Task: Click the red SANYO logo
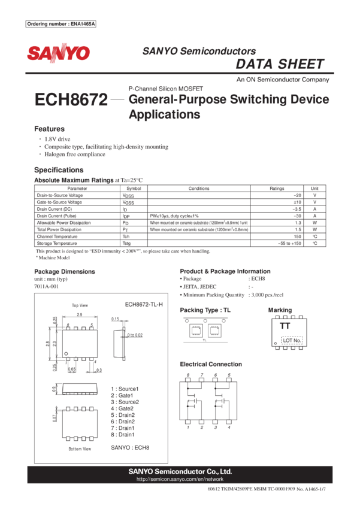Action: (x=58, y=53)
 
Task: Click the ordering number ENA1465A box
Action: (x=61, y=24)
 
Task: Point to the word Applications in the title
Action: (x=164, y=114)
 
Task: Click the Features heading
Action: (x=49, y=129)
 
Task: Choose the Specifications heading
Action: (x=59, y=169)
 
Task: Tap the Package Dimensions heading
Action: (x=64, y=272)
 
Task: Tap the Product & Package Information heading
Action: (x=225, y=271)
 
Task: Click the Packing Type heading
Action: (x=205, y=310)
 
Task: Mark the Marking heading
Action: (x=280, y=310)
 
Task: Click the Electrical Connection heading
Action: (x=210, y=363)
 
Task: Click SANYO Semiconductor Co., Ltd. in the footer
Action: (x=180, y=471)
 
